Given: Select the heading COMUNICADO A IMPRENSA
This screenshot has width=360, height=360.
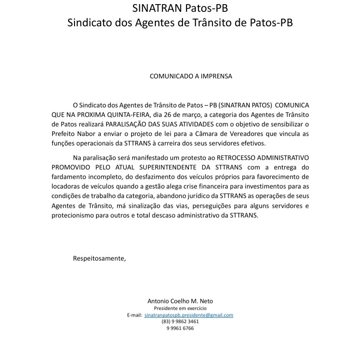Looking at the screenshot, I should (x=191, y=76).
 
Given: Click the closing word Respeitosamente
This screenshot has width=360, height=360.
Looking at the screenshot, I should (x=99, y=258).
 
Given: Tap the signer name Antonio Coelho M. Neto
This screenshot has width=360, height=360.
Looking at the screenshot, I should (x=180, y=301).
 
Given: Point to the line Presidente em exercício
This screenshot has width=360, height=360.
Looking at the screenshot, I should (x=180, y=308).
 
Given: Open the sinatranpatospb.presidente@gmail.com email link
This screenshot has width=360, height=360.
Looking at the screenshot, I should (x=188, y=315).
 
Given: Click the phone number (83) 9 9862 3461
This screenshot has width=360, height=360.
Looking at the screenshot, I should (x=180, y=321).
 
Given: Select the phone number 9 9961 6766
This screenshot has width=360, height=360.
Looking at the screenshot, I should (x=180, y=328).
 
